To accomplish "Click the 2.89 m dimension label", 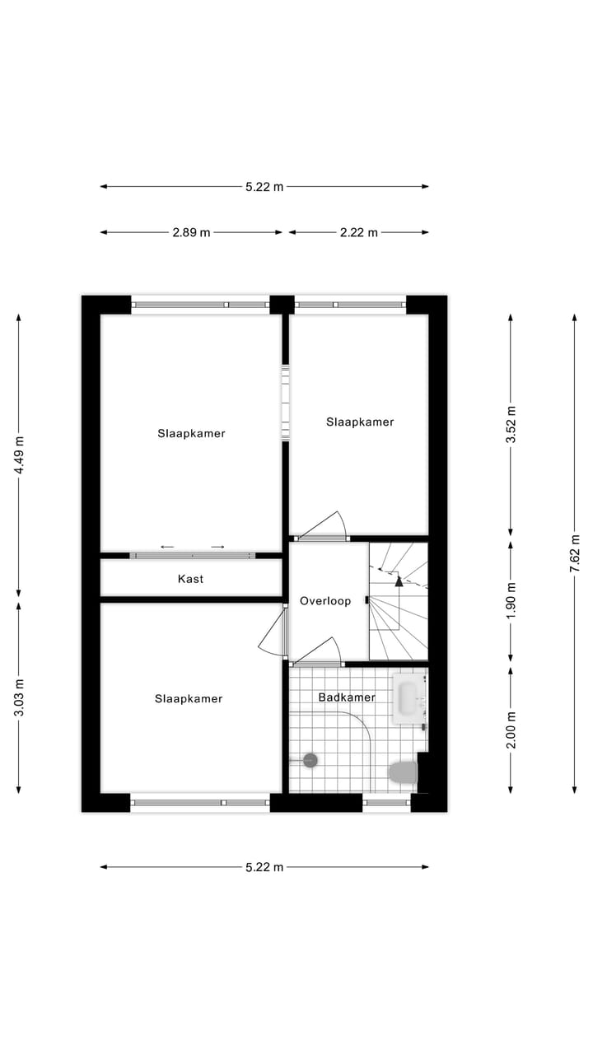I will click(x=191, y=232).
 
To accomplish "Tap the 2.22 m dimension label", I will click(x=359, y=232).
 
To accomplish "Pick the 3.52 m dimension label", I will click(x=511, y=425).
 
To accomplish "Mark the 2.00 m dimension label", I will click(x=511, y=730).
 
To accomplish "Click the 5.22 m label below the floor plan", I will click(x=264, y=866).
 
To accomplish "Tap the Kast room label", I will click(x=190, y=579).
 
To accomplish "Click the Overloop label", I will click(x=325, y=601).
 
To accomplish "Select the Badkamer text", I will click(x=347, y=697).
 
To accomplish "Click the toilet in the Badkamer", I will click(x=403, y=772).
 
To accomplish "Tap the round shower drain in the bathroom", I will click(x=311, y=760).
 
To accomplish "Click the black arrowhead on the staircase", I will click(x=399, y=581).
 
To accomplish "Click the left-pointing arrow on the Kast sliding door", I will click(x=167, y=547).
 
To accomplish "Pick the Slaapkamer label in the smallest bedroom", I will click(x=360, y=422).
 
